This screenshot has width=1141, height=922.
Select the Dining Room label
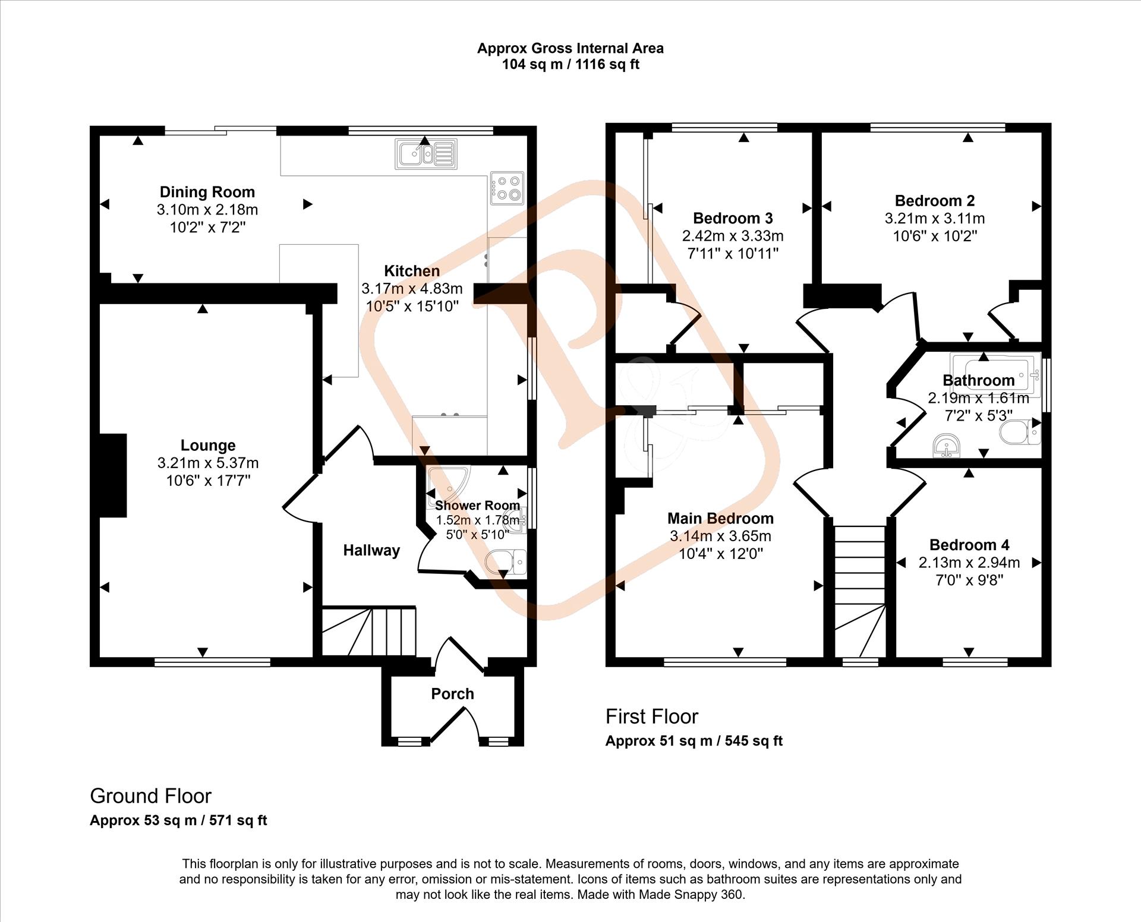207,192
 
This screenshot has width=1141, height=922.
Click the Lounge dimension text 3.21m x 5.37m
208,463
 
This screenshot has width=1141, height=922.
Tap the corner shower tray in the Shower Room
447,486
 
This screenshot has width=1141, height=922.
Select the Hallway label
371,550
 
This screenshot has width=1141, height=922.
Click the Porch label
452,693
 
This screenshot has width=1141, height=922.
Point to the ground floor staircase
368,631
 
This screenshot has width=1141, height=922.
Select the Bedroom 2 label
935,201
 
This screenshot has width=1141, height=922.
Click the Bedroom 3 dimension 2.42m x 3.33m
733,236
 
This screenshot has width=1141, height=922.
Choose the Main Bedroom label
720,518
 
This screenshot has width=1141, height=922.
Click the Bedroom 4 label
969,545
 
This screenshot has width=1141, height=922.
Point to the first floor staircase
860,591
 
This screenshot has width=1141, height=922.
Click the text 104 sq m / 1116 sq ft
570,64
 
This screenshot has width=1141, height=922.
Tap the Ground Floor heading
150,795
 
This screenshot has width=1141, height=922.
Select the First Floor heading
651,716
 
